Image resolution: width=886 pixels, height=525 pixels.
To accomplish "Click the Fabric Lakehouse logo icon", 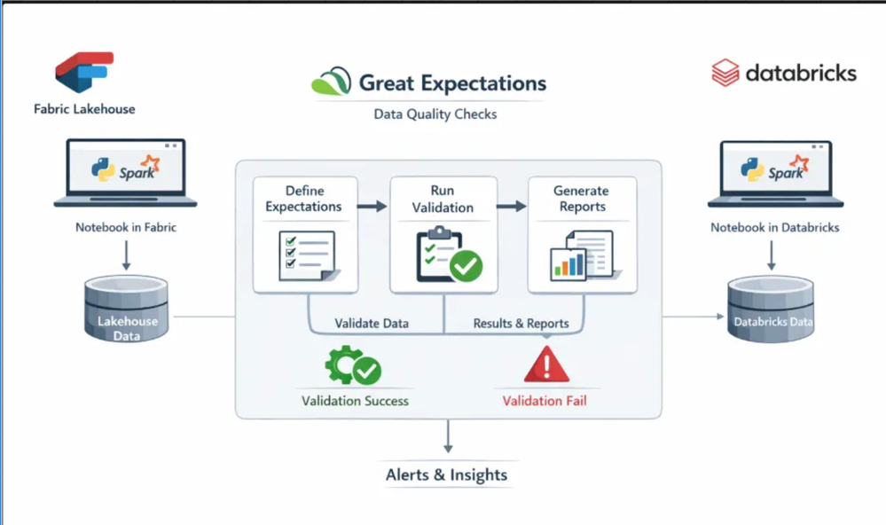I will [84, 72].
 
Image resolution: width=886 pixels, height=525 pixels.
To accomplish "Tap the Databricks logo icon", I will [725, 72].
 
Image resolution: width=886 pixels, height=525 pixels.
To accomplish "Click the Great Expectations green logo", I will [330, 82].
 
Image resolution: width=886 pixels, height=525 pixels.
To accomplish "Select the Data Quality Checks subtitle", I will [435, 114].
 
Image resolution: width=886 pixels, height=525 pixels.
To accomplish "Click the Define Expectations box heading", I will [304, 199].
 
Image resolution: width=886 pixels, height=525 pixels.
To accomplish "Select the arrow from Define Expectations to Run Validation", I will [373, 207].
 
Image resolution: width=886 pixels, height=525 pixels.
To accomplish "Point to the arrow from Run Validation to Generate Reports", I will [512, 207].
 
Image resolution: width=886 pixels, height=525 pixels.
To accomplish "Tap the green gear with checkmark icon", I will [352, 365].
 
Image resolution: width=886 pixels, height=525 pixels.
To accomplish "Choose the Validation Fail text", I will [545, 401].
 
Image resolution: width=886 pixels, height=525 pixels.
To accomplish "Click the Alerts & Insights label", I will [447, 475].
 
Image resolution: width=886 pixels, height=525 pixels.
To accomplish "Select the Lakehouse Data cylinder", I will [125, 311].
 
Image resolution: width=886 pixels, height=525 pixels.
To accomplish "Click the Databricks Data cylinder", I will [770, 311].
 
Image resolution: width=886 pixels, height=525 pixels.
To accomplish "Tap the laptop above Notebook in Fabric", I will [125, 172].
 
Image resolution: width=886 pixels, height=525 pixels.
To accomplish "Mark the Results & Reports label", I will [521, 324].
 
